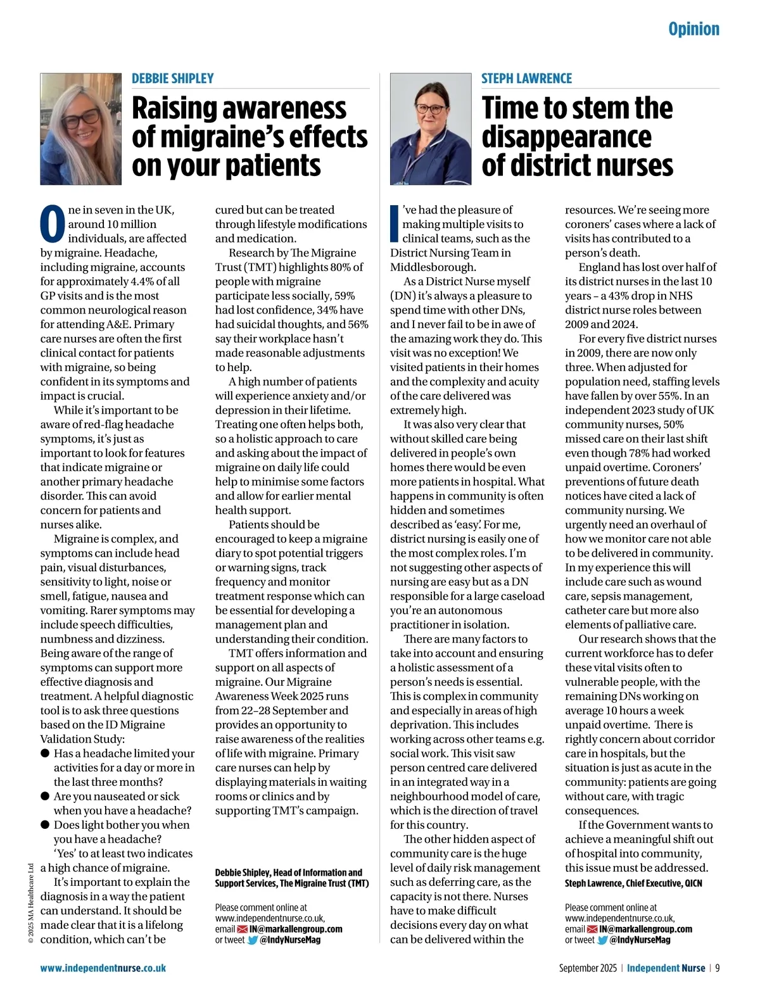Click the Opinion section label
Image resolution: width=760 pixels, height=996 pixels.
(x=693, y=29)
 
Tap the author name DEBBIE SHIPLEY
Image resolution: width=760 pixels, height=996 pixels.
(x=172, y=79)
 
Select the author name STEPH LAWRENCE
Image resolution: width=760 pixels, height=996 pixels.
(x=526, y=79)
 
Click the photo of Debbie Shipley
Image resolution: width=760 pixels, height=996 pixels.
(x=80, y=129)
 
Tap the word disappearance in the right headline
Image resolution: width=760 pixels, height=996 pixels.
(x=566, y=137)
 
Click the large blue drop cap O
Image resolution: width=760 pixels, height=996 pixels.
(x=53, y=224)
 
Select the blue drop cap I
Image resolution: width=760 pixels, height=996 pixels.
(x=394, y=224)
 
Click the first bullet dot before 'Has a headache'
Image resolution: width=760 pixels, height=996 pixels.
(x=45, y=753)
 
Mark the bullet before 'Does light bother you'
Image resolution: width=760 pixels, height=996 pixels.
(x=45, y=825)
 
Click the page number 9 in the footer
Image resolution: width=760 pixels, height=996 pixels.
(x=718, y=968)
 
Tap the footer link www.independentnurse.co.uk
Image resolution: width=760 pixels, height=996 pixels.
(x=103, y=968)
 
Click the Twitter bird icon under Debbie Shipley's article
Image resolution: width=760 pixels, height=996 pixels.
(x=252, y=940)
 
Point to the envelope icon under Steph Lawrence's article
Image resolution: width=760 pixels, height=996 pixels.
(x=592, y=930)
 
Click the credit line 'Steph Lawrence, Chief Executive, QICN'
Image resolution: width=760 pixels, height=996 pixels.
(x=633, y=883)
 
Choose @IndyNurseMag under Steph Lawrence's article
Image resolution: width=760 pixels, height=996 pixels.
(x=640, y=940)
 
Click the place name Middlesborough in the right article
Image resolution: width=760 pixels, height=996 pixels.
(x=433, y=267)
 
